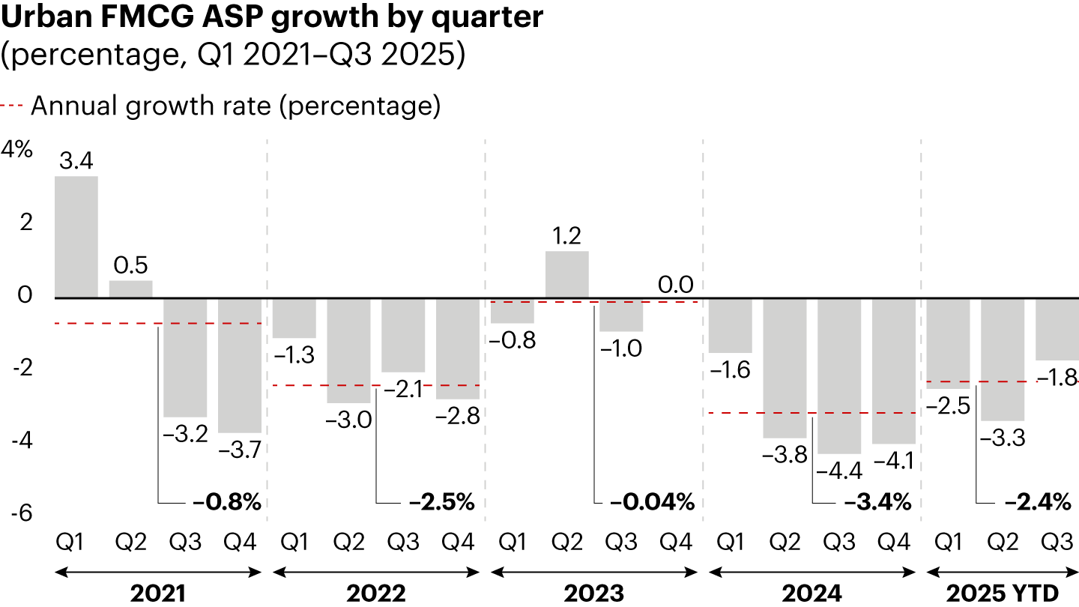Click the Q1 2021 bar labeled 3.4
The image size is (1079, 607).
[76, 237]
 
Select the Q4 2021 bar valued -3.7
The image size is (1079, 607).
[240, 365]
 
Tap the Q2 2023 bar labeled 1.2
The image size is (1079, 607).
[566, 274]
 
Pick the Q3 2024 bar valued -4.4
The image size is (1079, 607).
[839, 375]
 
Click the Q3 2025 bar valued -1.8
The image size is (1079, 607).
[1057, 329]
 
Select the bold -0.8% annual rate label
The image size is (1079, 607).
[226, 502]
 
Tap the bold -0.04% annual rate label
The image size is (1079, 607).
[651, 502]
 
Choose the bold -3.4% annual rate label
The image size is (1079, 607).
[877, 502]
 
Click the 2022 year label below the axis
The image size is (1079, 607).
[376, 594]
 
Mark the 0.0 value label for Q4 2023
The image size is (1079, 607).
[676, 285]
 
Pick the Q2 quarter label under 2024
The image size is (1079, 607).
[785, 542]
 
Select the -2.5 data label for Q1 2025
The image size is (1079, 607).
[949, 406]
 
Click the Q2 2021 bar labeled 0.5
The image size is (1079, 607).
[131, 289]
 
